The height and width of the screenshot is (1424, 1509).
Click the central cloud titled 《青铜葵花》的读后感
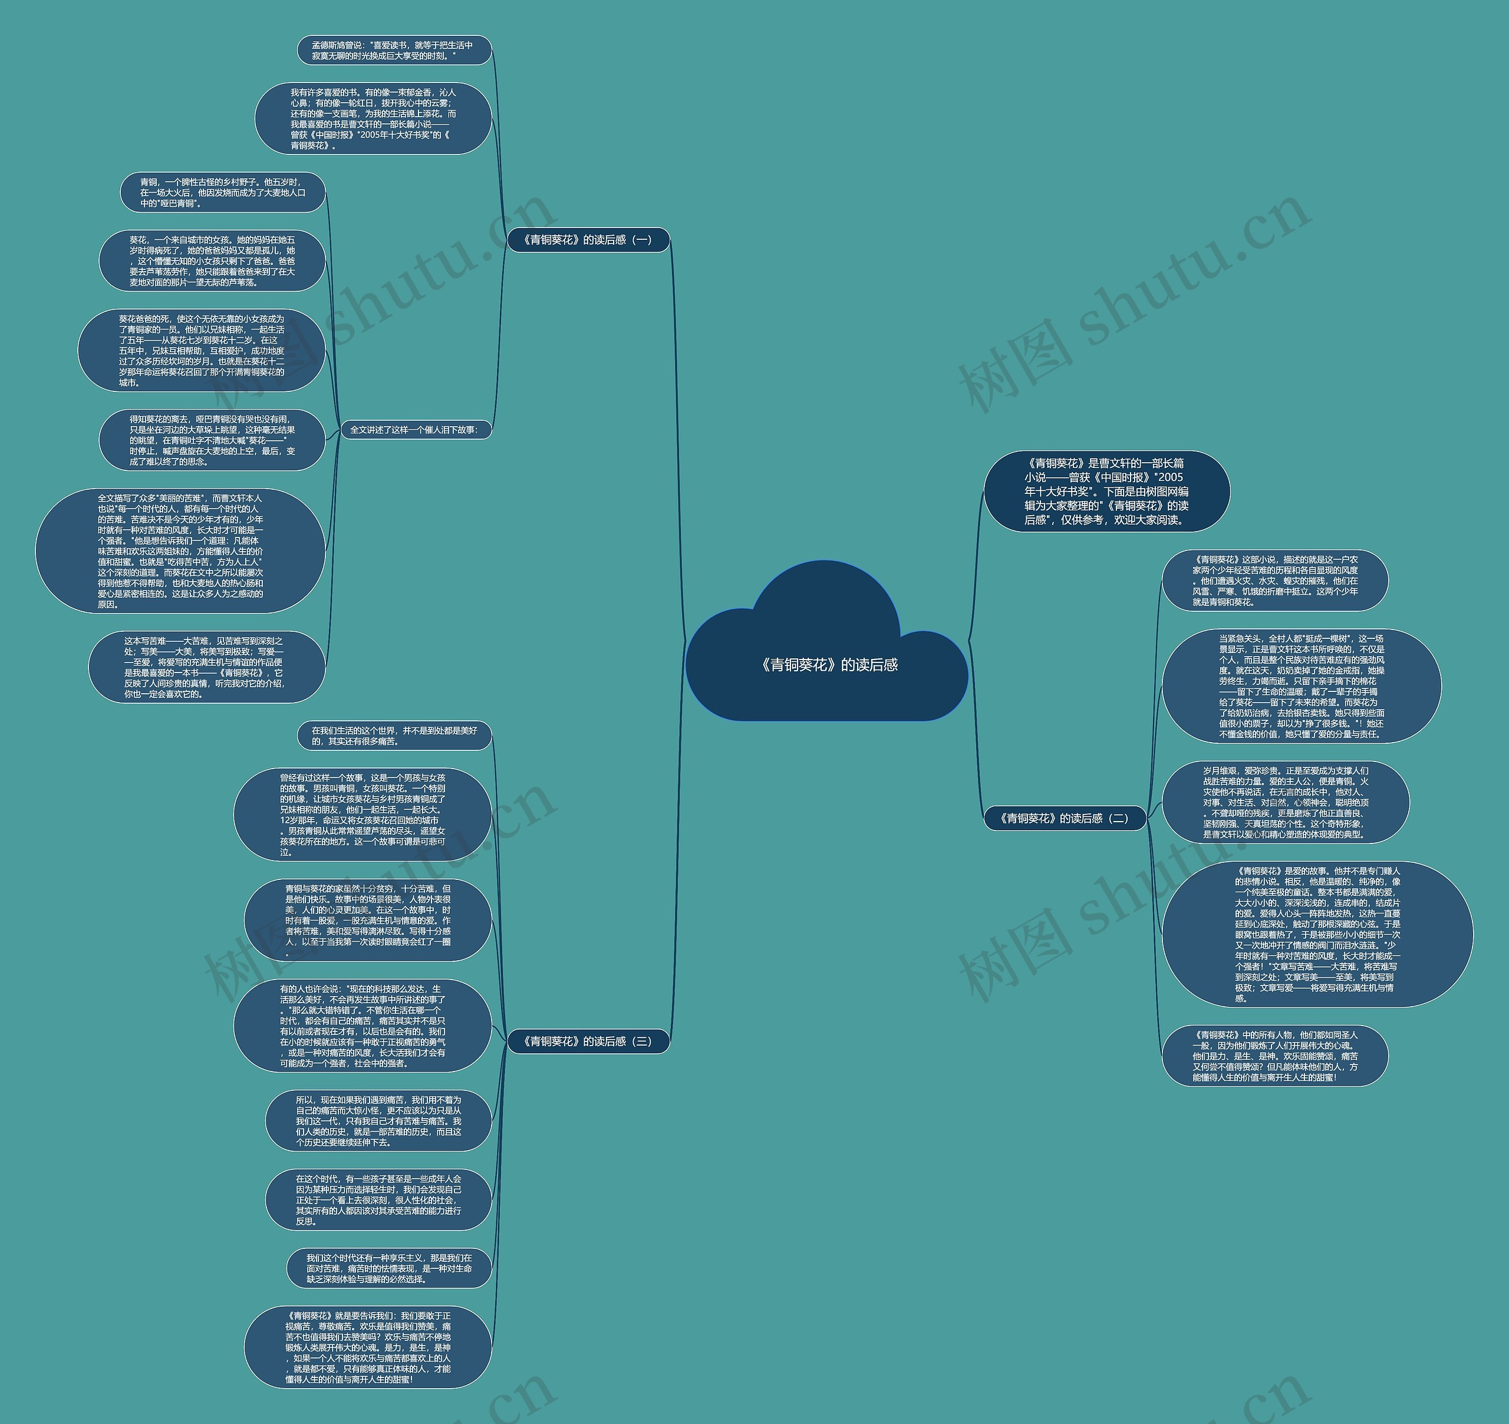(828, 665)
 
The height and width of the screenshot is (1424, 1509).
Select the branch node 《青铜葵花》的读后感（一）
(588, 240)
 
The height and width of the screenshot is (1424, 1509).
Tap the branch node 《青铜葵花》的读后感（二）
(1063, 818)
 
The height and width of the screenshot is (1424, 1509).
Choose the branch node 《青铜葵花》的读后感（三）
(588, 1041)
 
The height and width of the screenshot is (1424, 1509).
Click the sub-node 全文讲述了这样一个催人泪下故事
(414, 430)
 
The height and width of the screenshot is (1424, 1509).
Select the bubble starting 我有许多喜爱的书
(373, 118)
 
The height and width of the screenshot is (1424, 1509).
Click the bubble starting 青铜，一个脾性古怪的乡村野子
(222, 193)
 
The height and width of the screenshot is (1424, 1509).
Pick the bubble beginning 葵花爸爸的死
(201, 351)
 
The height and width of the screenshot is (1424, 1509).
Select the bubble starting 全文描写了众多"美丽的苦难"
(180, 551)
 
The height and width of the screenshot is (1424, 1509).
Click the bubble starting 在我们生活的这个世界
(394, 736)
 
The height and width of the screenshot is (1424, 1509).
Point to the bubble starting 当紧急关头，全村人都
(1301, 686)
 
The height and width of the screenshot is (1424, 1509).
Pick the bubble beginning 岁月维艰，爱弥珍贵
(1285, 802)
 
